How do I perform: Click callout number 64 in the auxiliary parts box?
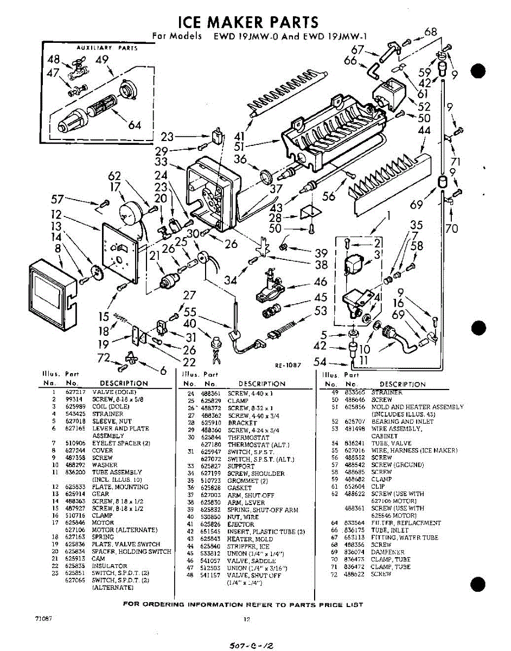tap(135, 125)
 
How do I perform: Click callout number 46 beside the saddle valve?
tap(321, 282)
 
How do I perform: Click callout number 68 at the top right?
tap(431, 32)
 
